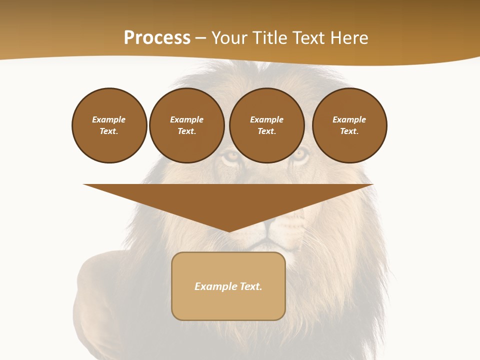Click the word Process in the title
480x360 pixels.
click(x=157, y=38)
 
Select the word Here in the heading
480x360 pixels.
click(x=349, y=38)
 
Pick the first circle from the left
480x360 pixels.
click(x=109, y=125)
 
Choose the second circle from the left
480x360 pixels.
click(x=186, y=125)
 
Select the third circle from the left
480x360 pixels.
click(x=266, y=125)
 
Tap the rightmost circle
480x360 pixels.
click(x=349, y=125)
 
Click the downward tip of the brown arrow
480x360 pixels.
click(x=229, y=230)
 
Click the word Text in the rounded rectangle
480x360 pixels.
click(x=251, y=286)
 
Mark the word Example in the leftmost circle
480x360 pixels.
click(x=109, y=120)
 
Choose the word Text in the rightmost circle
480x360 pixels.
click(x=349, y=131)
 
